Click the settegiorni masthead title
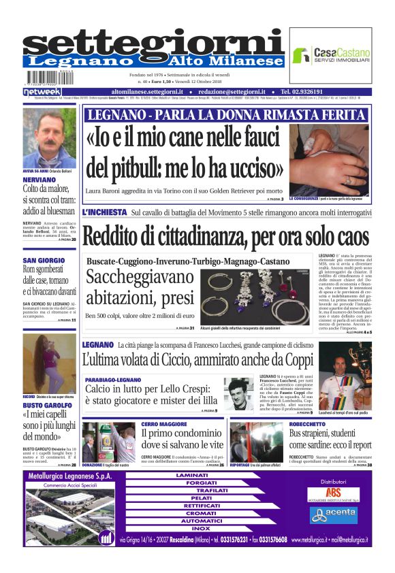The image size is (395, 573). point(153,40)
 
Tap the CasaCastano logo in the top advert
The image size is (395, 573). point(331,56)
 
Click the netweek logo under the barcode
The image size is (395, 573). point(42,91)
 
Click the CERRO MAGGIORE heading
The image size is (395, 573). point(165,424)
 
